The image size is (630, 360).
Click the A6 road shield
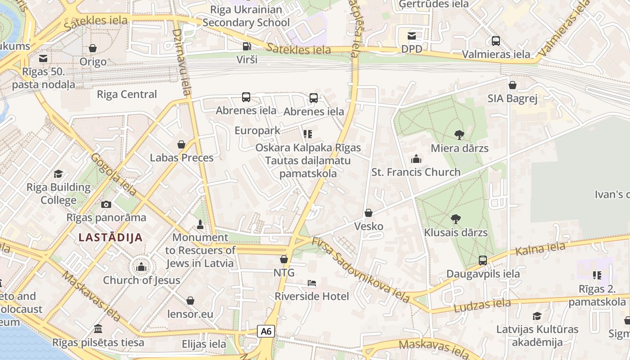266,331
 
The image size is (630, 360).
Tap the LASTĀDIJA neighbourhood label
110,237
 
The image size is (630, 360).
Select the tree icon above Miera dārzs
459,134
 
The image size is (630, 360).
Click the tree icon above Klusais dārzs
455,219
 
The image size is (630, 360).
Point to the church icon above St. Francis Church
416,159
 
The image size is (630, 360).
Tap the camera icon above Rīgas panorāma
106,204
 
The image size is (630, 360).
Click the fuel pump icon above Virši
247,46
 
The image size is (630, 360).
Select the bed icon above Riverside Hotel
311,283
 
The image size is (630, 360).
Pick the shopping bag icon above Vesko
369,213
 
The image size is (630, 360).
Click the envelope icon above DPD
412,36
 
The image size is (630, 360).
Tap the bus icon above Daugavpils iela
483,260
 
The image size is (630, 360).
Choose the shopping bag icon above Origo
93,48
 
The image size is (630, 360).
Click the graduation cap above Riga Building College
58,174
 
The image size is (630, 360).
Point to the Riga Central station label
127,94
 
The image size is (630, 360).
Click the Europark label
257,130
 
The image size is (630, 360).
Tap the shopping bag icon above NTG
284,259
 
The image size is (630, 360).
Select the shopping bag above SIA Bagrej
512,85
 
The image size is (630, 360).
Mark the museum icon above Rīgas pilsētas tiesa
98,329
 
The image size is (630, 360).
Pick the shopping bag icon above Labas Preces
181,144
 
